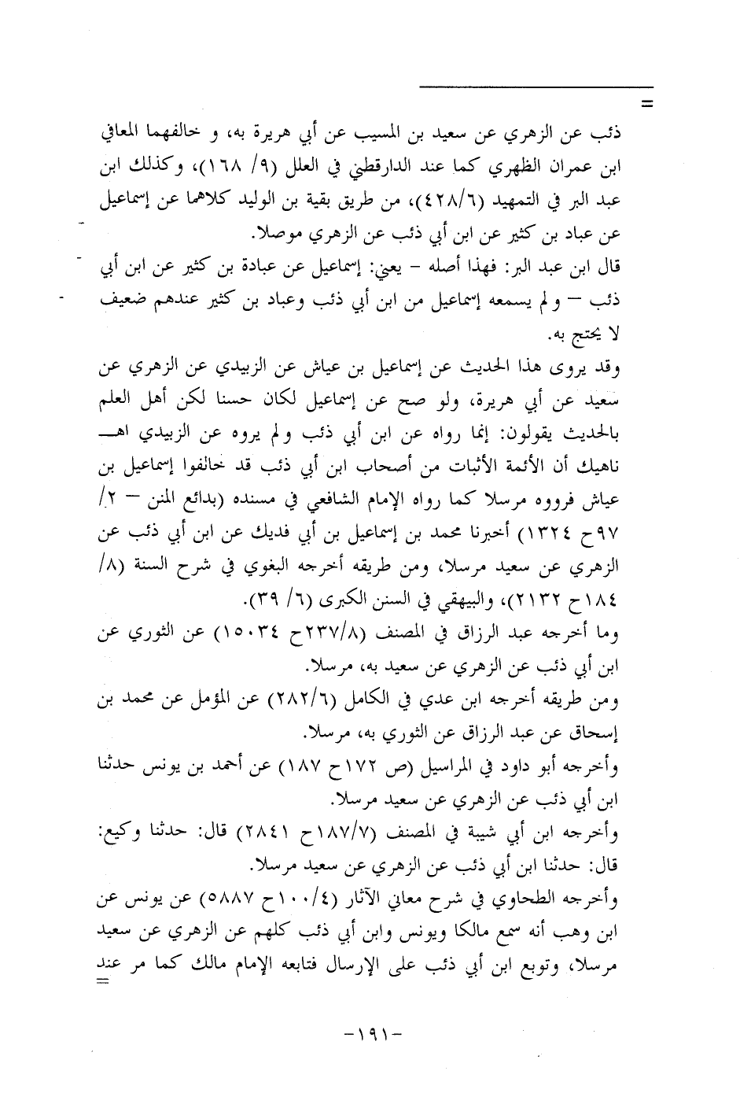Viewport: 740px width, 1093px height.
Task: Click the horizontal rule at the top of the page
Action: tap(536, 86)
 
